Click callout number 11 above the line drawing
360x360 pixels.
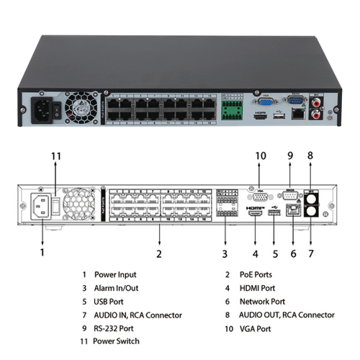tap(56, 155)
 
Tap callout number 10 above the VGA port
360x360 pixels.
tap(261, 155)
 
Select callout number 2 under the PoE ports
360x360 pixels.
tap(158, 253)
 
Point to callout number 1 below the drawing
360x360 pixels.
tap(42, 253)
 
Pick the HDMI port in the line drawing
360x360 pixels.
tap(255, 213)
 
